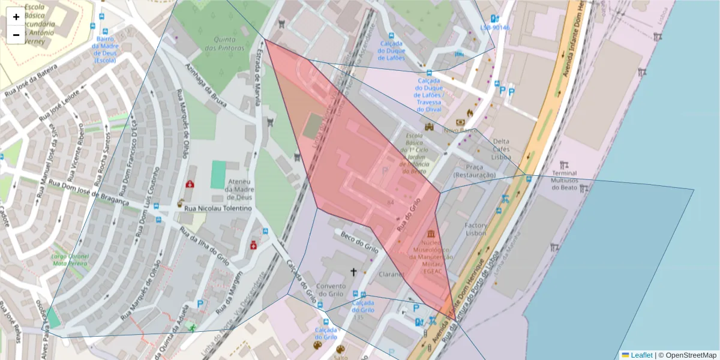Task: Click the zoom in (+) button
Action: tap(16, 17)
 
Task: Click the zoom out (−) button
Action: tap(16, 35)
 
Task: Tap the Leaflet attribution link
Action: tap(641, 355)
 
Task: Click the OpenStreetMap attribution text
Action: tap(687, 355)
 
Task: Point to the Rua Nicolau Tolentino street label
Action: tap(218, 208)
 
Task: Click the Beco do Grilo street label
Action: tap(359, 242)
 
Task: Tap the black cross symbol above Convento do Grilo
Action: tap(353, 272)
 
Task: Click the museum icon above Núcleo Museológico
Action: tap(431, 233)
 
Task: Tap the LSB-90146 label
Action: tap(495, 28)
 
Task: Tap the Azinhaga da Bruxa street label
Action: tap(206, 85)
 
